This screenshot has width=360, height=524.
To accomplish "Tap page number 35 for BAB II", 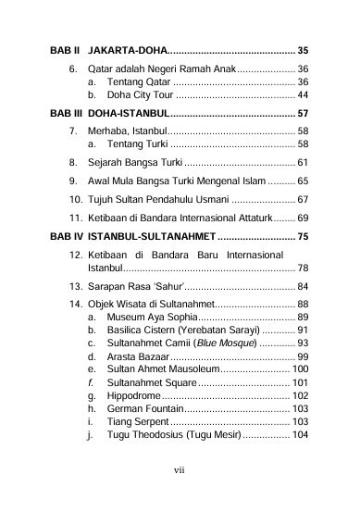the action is (303, 49).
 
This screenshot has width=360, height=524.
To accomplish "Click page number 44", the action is (303, 95).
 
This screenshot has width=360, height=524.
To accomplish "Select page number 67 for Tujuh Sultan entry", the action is (303, 199).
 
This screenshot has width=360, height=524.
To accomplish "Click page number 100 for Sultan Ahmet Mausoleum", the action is (299, 369).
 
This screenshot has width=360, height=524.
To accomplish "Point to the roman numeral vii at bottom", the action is (180, 468).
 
